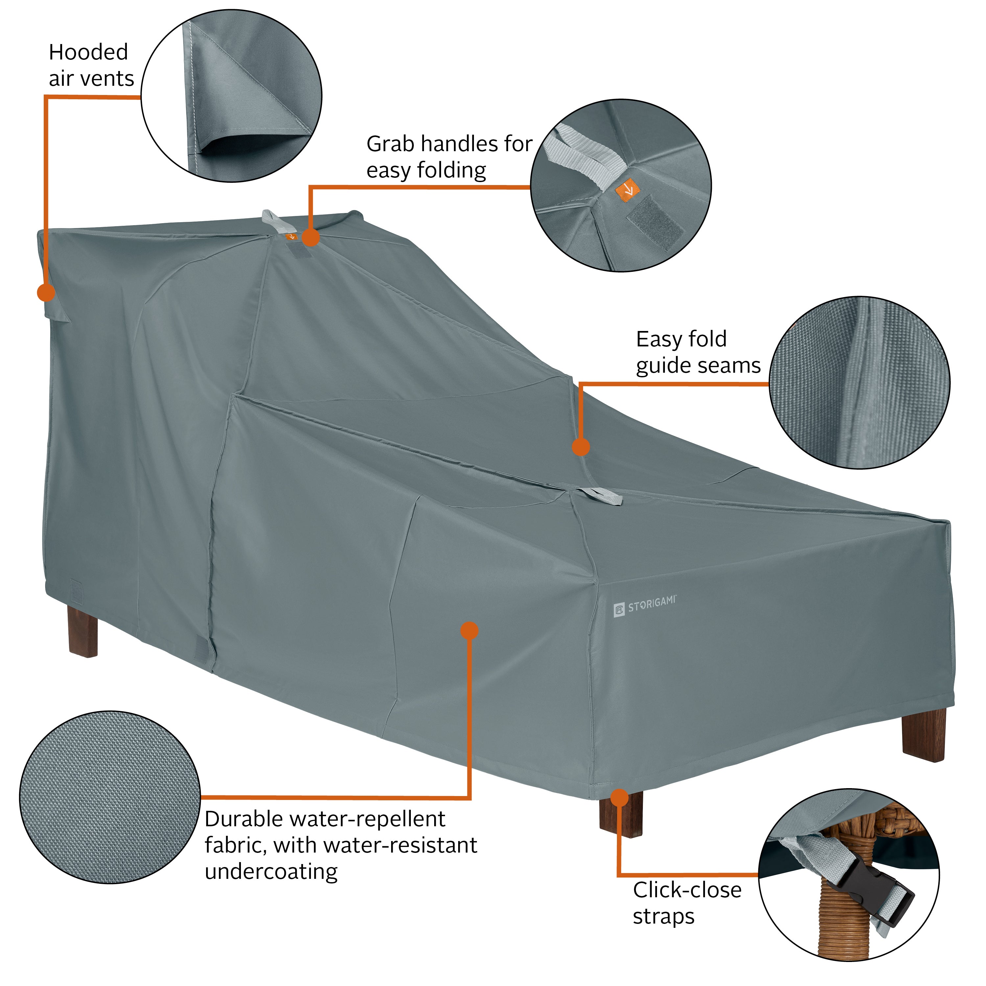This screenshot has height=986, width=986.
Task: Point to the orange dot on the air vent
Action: [x=46, y=293]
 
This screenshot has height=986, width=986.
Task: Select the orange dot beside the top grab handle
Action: [x=311, y=237]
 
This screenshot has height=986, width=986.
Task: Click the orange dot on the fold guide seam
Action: [x=581, y=447]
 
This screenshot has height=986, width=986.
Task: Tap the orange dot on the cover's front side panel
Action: [x=469, y=631]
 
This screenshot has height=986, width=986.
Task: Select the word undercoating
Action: [x=271, y=871]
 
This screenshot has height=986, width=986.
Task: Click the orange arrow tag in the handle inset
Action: [x=627, y=189]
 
